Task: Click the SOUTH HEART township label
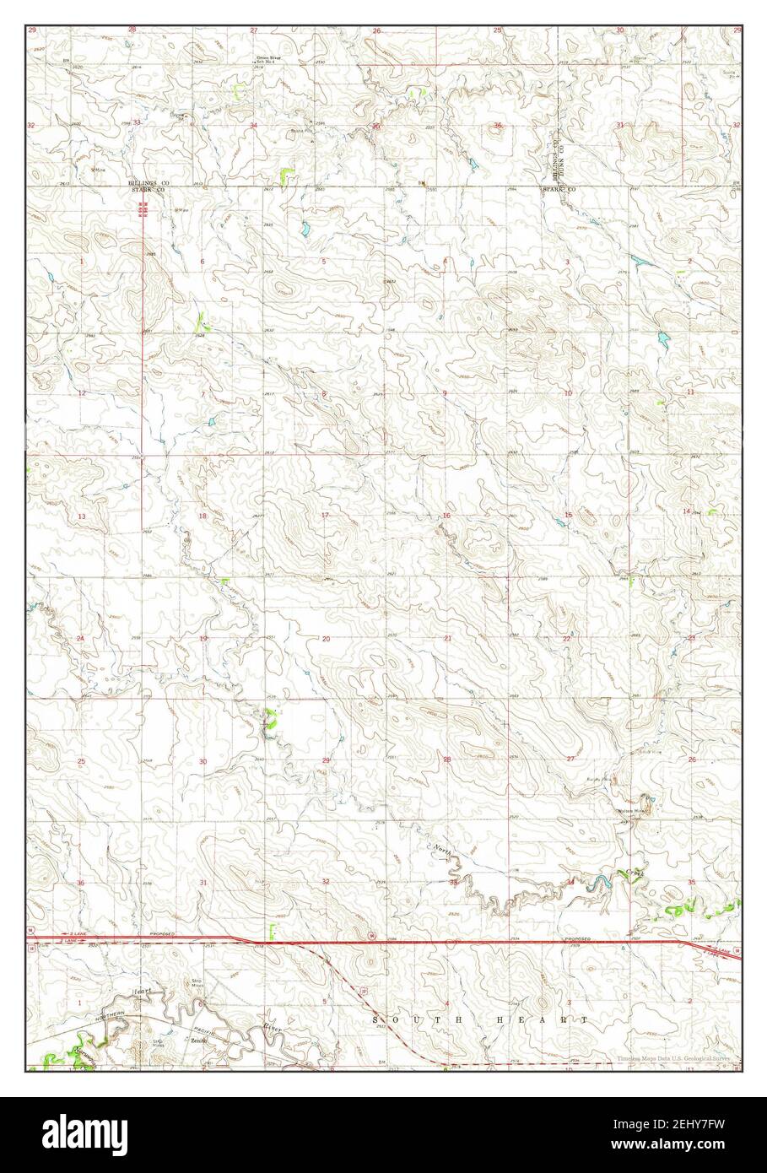click(x=482, y=1020)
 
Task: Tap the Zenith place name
click(x=199, y=1041)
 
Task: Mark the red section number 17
click(x=325, y=515)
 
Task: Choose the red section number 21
click(x=448, y=638)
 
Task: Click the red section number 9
click(x=445, y=393)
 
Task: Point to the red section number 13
click(x=82, y=516)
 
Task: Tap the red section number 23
click(x=691, y=638)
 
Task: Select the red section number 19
click(x=203, y=639)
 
